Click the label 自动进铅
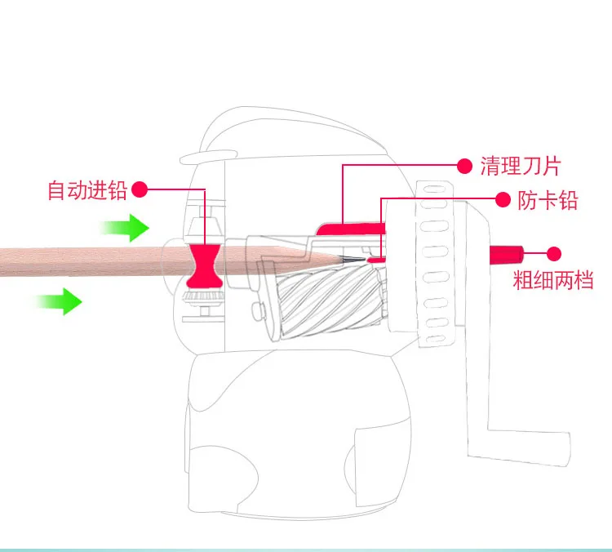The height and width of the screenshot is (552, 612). pos(87,191)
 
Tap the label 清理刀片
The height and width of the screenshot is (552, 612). pos(520,167)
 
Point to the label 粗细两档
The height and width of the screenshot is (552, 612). pos(552,281)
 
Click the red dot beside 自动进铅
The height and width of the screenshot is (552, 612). pos(140,190)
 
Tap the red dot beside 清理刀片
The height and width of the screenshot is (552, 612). pos(464,167)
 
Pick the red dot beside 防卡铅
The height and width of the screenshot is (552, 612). pos(503,199)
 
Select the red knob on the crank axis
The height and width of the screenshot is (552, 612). pos(506,253)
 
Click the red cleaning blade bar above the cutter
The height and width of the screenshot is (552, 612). pos(348,228)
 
